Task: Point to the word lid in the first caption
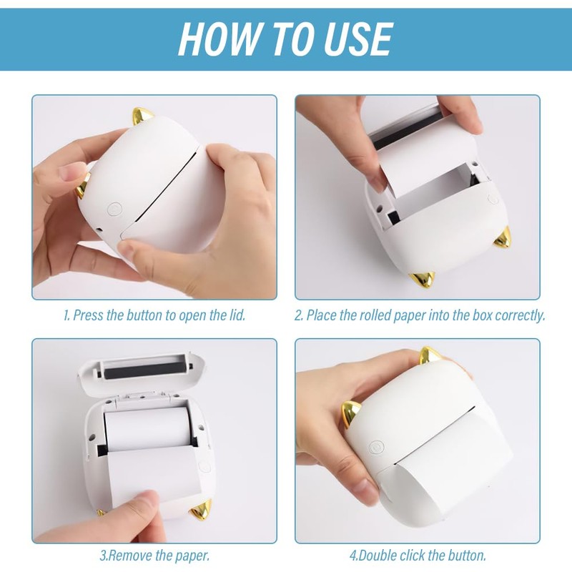[x=237, y=315]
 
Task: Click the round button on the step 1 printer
[x=114, y=209]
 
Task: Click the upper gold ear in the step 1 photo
[x=142, y=117]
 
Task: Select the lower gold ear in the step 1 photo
[x=83, y=185]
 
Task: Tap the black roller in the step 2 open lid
[x=407, y=129]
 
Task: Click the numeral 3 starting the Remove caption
[x=102, y=556]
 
